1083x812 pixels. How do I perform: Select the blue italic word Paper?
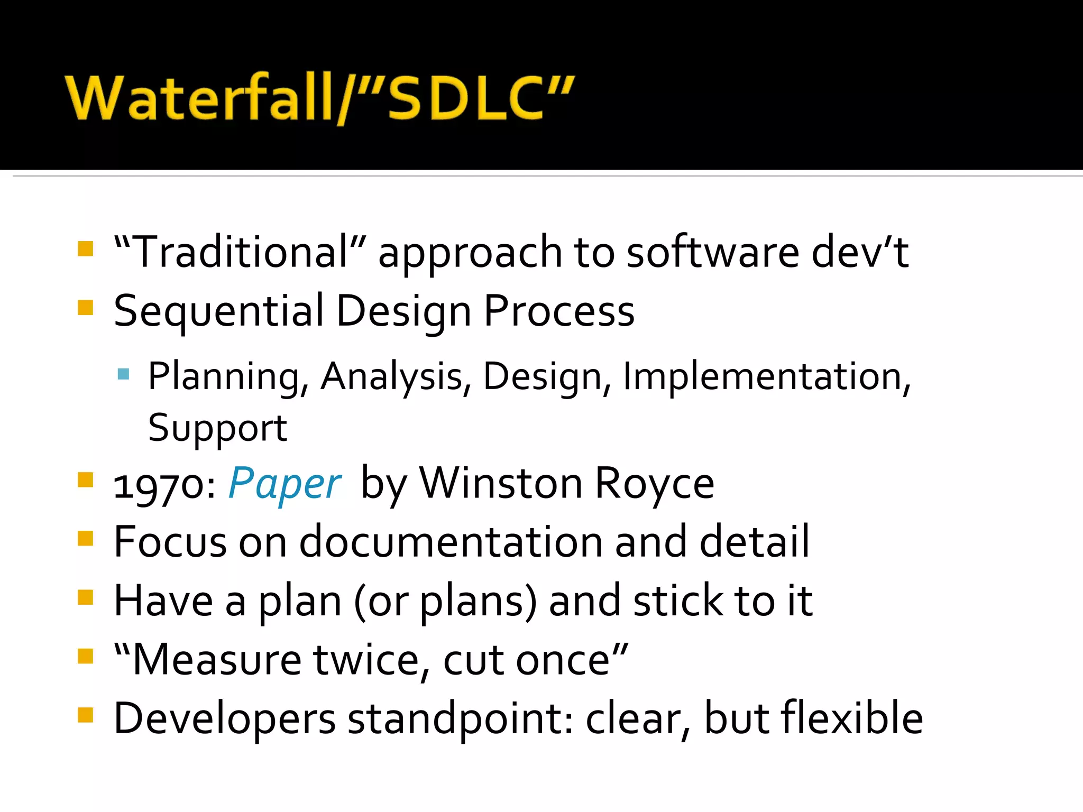[285, 483]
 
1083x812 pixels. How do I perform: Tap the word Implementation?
[766, 376]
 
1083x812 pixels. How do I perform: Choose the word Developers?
[225, 719]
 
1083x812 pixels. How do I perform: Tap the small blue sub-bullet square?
[124, 374]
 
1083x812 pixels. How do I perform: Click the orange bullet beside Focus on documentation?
[85, 539]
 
